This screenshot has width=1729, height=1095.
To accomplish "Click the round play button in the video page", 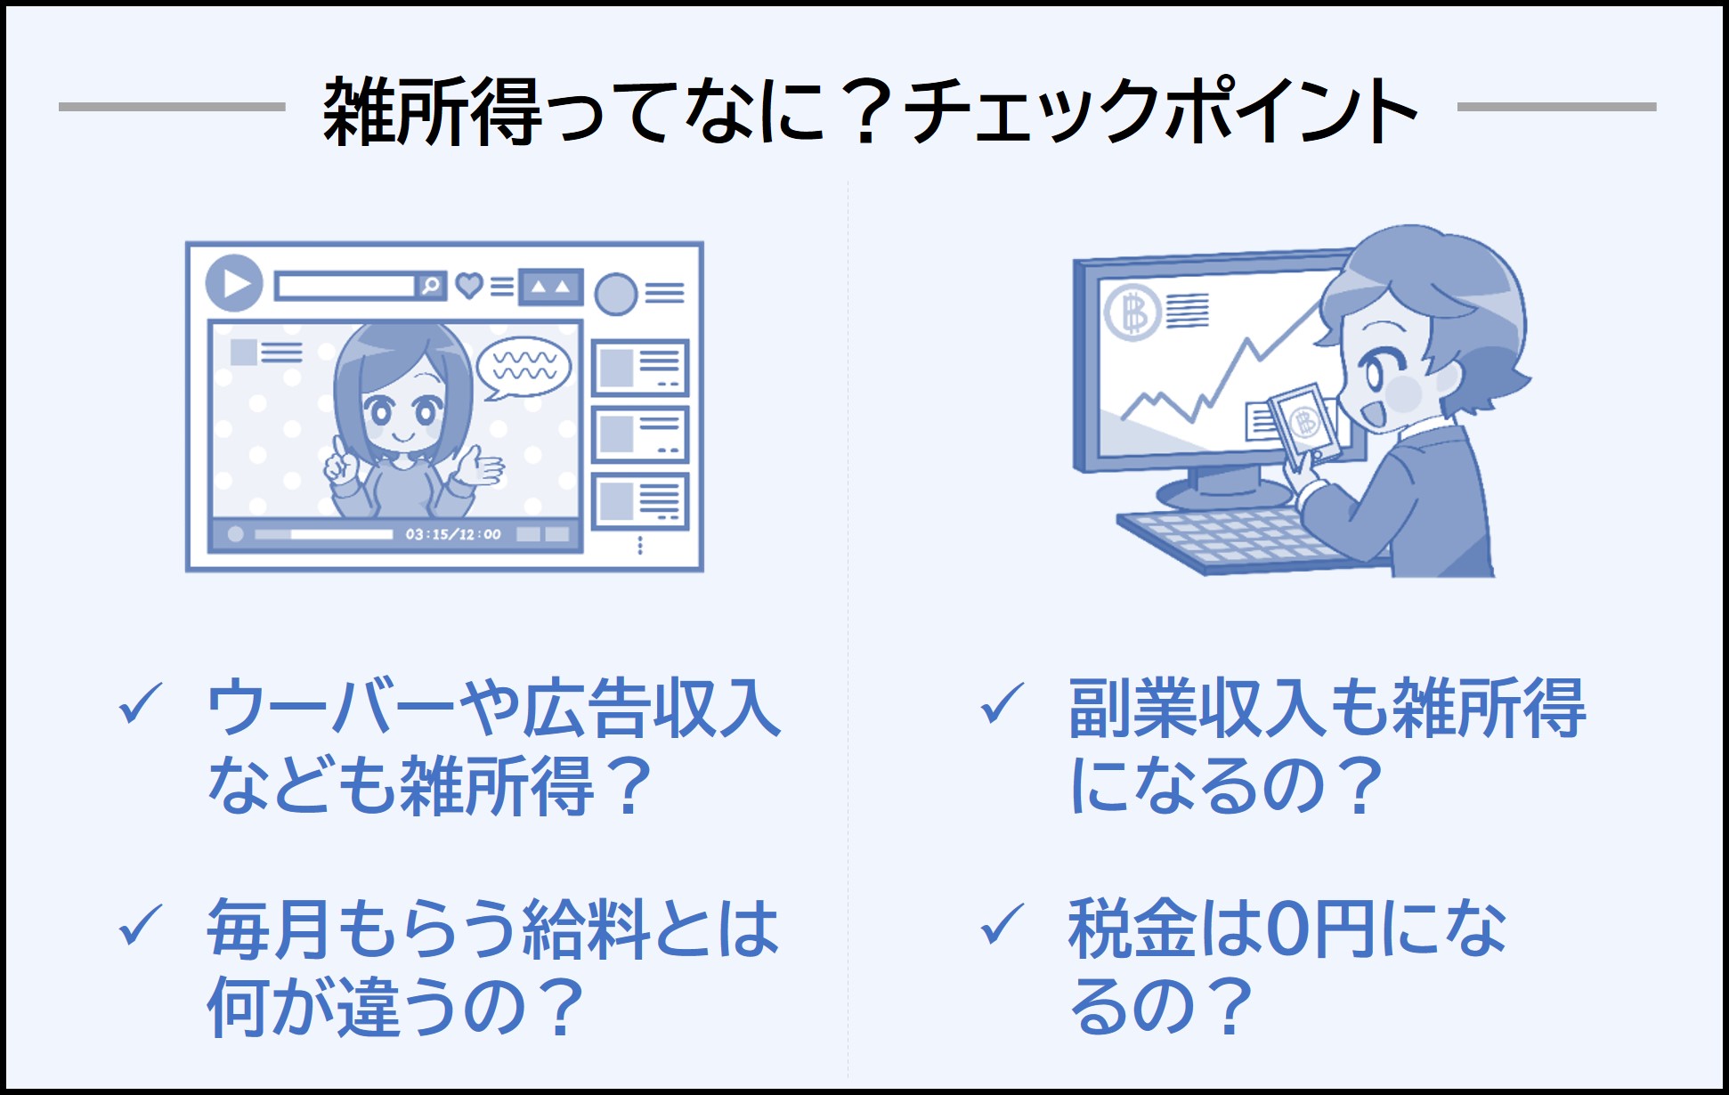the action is click(234, 283).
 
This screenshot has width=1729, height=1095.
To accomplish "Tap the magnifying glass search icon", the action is click(432, 286).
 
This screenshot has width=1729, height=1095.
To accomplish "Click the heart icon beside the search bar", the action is click(469, 285).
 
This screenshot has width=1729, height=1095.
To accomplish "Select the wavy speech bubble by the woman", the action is click(524, 367).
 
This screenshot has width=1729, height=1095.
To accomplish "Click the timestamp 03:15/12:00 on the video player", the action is click(453, 534).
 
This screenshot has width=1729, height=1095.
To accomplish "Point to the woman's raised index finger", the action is click(338, 445).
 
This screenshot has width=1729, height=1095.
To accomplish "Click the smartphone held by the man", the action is click(1304, 425).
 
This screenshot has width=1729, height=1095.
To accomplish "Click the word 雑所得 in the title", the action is click(432, 111).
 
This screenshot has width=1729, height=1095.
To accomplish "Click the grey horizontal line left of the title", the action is click(172, 107).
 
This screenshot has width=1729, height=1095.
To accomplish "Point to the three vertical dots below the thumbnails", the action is click(640, 545).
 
